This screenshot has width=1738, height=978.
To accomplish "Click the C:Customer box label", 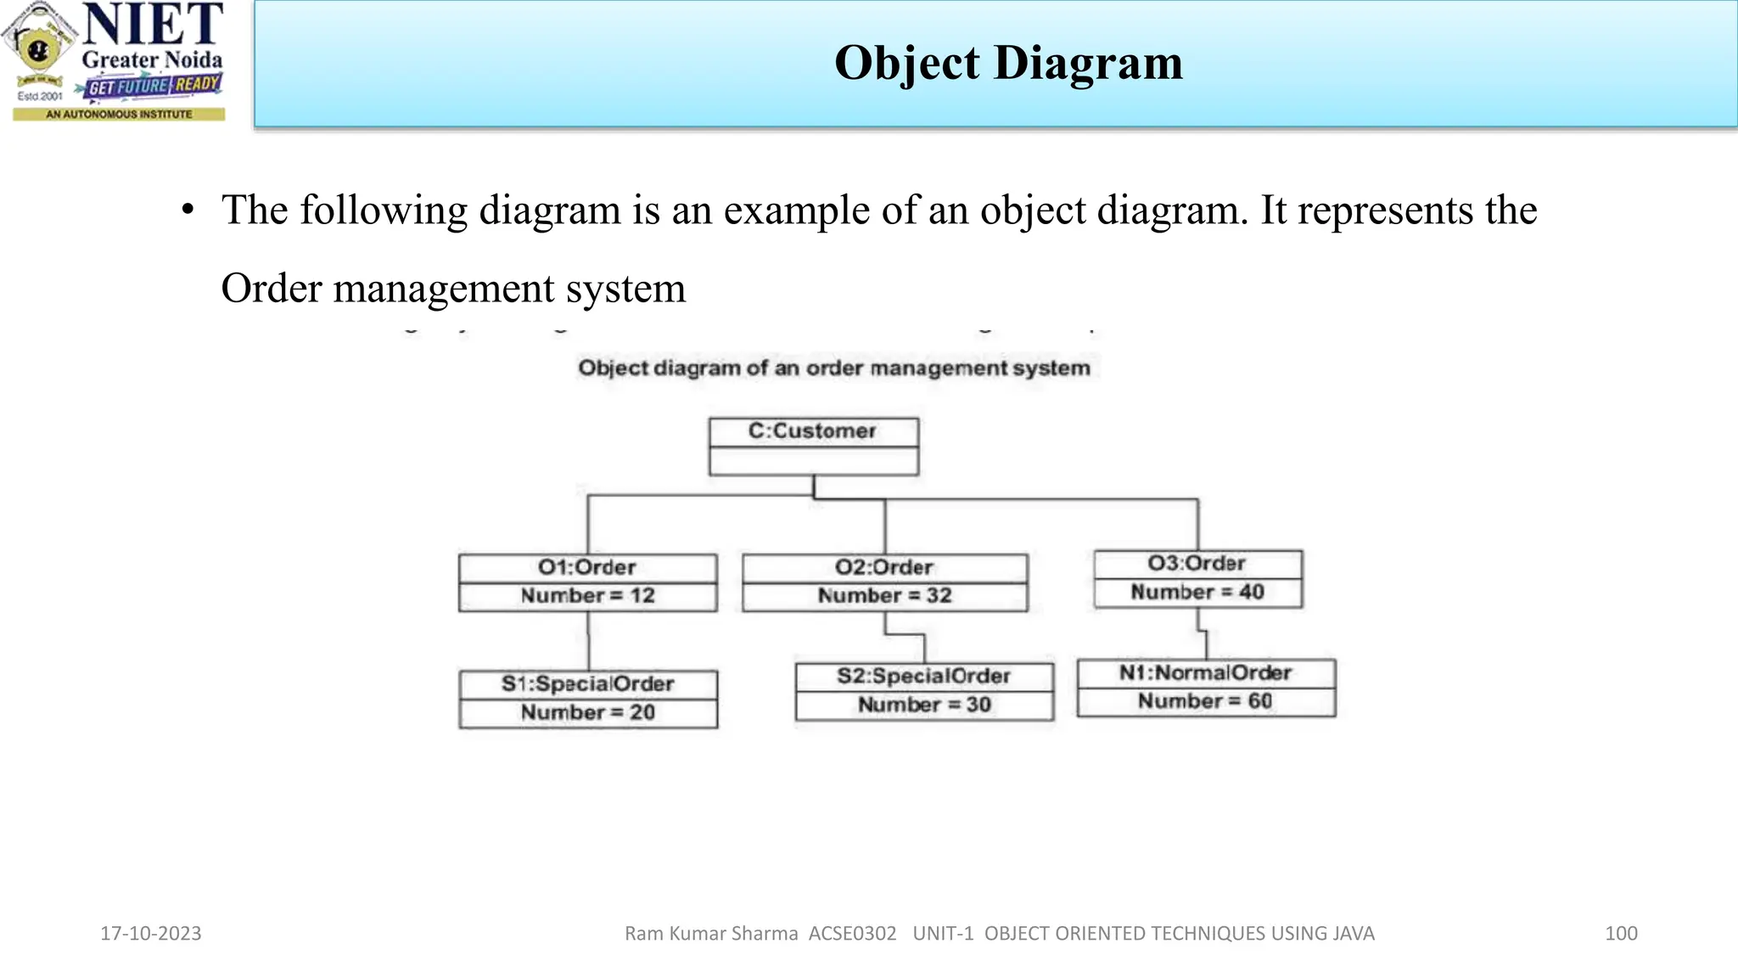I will coord(812,431).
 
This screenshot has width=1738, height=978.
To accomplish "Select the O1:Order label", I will coord(586,567).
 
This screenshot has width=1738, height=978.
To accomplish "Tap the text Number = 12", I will coord(587,596).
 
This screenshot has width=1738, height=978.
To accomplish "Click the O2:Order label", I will coord(883,567).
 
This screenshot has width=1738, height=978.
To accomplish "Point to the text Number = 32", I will coord(884,596).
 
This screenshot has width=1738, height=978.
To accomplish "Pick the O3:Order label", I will coord(1197,564).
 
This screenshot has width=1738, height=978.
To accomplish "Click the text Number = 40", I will coord(1197,593).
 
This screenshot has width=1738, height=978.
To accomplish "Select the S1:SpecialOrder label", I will coord(587,684).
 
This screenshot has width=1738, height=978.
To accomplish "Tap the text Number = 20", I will coord(587,712).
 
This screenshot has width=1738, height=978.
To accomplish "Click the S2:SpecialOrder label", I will coord(923,677).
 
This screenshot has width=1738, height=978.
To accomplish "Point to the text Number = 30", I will coord(923,705).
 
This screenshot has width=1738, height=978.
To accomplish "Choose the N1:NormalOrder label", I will coord(1205,673).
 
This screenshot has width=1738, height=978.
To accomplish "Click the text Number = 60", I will coord(1205,701).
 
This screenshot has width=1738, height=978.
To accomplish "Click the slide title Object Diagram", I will coord(1008,63).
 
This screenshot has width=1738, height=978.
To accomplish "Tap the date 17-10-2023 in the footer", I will coord(151,934).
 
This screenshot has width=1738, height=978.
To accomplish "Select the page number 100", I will coord(1621,934).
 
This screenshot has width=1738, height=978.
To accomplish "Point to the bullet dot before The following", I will coord(188,210).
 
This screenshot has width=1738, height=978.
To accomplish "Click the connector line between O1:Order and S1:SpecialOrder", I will coord(588,641).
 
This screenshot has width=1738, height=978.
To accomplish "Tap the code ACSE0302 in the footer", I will coord(852,934).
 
